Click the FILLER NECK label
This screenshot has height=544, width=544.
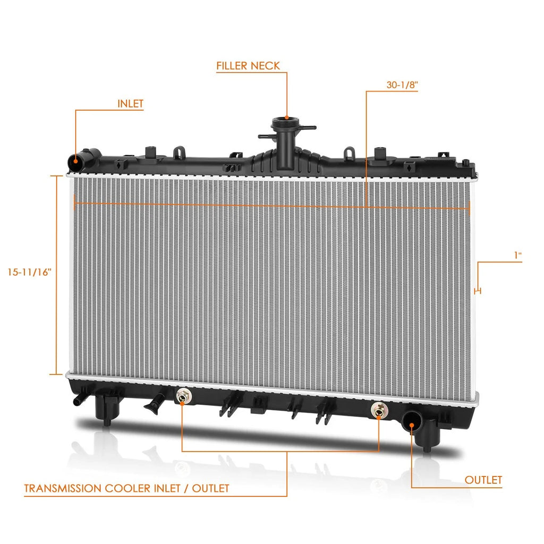coord(248,65)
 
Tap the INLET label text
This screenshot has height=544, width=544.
coord(130,104)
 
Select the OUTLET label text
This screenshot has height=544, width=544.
coord(483,480)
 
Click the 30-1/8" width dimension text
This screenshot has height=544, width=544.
coord(402,84)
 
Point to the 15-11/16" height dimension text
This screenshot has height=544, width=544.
coord(30,272)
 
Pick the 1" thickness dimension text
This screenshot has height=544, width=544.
coord(517,256)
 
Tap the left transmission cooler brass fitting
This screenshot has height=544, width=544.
coord(182,396)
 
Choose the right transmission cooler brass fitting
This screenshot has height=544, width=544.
coord(379,410)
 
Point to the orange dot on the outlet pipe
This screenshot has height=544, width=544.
coord(412,424)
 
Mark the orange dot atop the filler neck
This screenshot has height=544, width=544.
coord(287,117)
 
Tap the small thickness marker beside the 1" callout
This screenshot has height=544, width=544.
coord(478,291)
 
